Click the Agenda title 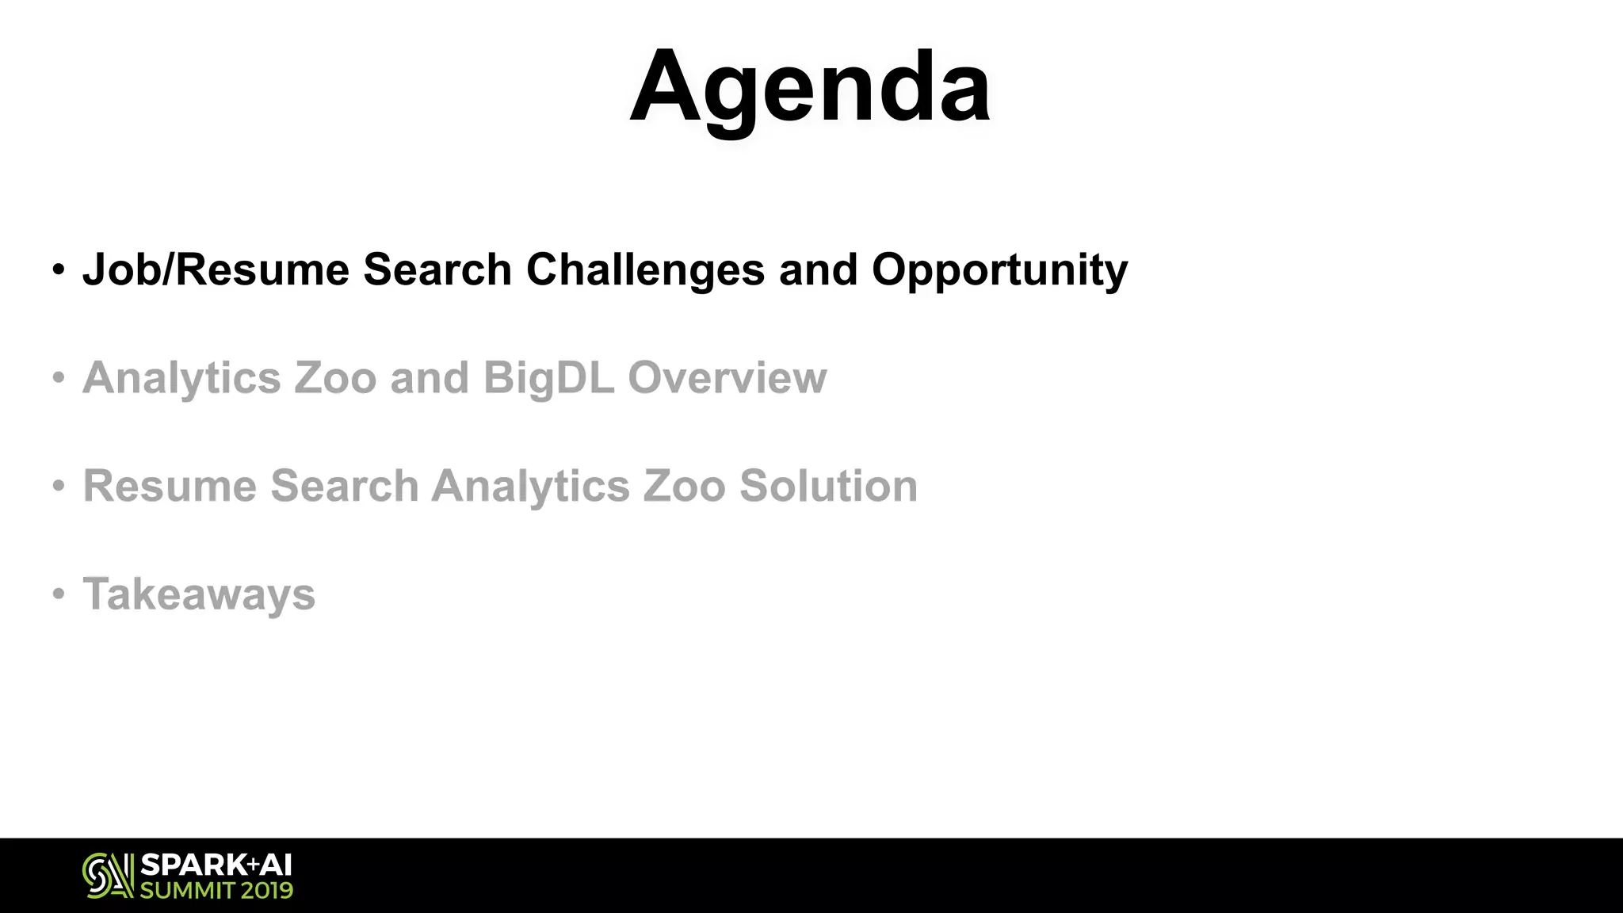tap(809, 87)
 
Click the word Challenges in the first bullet tap(645, 269)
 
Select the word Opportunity tap(999, 271)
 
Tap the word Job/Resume tap(216, 269)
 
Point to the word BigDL tap(548, 378)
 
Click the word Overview tap(727, 377)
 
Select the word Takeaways tap(199, 594)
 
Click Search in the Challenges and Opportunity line tap(437, 269)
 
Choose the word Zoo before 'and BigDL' tap(335, 377)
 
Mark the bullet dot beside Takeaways tap(59, 594)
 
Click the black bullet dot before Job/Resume tap(59, 269)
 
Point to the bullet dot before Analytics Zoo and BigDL tap(59, 377)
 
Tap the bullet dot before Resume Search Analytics tap(59, 485)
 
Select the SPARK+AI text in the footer tap(216, 865)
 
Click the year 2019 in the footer tap(267, 890)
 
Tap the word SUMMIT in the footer tap(186, 890)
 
